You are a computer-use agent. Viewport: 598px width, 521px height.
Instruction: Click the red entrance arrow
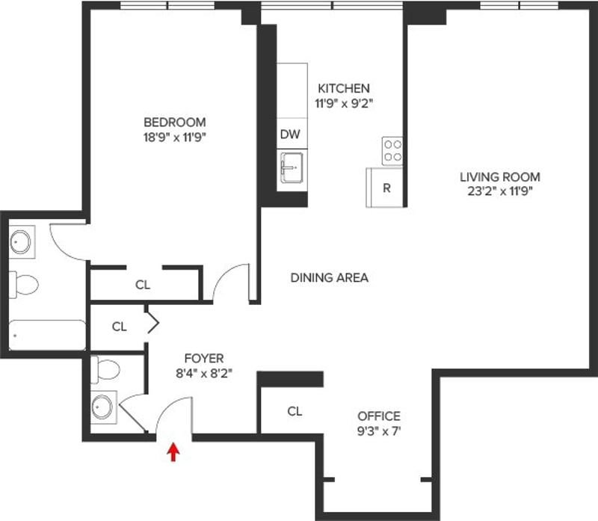click(174, 451)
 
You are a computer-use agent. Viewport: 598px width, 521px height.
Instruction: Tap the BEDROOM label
click(175, 122)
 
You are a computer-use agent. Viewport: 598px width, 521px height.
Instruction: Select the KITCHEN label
click(344, 88)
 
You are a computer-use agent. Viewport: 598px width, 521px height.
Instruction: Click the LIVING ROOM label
click(499, 177)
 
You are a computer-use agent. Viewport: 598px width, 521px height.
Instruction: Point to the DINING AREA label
click(329, 277)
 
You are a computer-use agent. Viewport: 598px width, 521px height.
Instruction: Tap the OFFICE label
click(379, 416)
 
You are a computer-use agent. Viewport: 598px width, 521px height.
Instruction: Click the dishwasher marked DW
click(290, 135)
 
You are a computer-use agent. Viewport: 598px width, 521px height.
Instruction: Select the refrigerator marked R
click(386, 188)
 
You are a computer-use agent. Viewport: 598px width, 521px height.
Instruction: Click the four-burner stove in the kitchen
click(392, 152)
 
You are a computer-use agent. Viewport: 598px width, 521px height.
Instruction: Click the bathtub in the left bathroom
click(48, 334)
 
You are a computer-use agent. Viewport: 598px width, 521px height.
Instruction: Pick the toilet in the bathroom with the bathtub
click(24, 286)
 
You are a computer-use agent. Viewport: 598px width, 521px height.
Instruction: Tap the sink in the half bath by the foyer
click(103, 407)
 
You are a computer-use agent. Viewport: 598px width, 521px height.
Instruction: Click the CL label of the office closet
click(295, 411)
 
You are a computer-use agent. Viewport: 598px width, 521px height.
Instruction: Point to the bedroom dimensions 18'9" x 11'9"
click(175, 137)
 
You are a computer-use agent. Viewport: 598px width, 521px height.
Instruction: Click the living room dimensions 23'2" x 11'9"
click(499, 191)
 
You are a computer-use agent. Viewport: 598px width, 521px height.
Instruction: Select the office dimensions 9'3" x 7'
click(379, 431)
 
